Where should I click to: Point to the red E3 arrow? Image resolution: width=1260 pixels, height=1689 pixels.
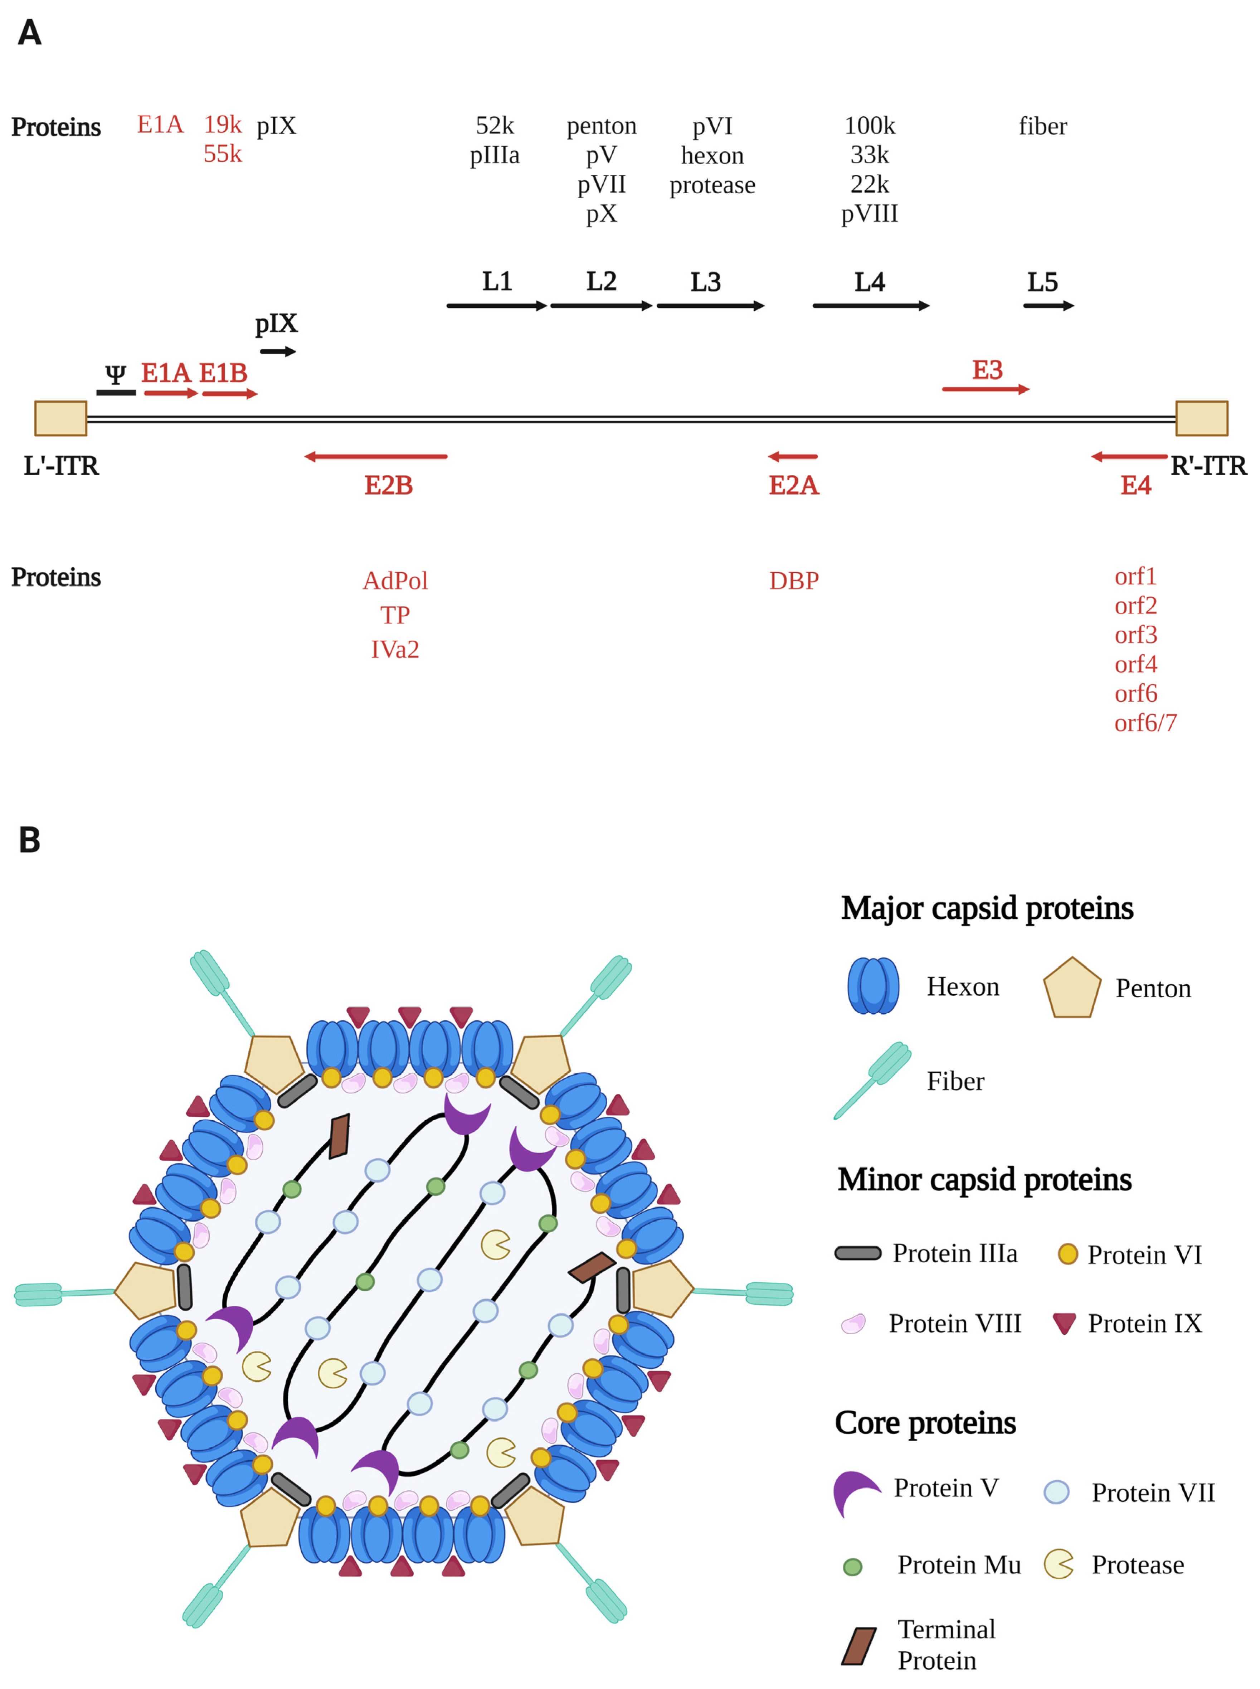pos(986,389)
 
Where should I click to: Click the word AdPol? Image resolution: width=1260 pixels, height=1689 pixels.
pos(395,581)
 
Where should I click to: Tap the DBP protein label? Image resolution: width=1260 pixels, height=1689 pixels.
pos(794,581)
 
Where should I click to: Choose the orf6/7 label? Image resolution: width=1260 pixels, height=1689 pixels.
pos(1145,722)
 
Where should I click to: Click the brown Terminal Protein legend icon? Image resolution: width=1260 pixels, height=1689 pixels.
pos(859,1646)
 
